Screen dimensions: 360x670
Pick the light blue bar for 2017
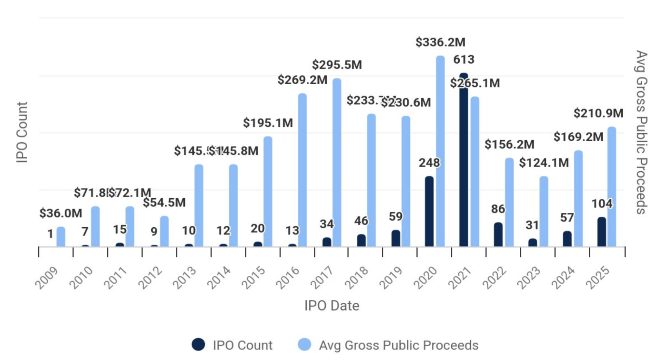point(337,162)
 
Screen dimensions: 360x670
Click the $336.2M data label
point(440,42)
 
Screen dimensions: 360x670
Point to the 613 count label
point(463,60)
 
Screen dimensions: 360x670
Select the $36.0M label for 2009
point(61,213)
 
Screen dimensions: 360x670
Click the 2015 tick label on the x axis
point(253,277)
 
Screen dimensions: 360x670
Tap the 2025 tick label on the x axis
point(598,277)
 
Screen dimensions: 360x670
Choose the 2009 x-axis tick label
point(47,277)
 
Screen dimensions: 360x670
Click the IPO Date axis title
point(332,306)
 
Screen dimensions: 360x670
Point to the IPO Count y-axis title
point(22,132)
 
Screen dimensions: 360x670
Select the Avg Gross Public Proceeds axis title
point(641,132)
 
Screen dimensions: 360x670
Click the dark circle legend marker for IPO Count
point(198,344)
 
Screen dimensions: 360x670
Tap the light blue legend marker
point(304,344)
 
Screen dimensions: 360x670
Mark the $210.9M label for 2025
point(598,113)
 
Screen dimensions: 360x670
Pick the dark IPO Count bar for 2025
point(602,232)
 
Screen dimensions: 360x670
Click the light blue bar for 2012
point(164,231)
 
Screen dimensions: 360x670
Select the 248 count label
point(429,163)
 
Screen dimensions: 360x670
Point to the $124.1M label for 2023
point(544,163)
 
